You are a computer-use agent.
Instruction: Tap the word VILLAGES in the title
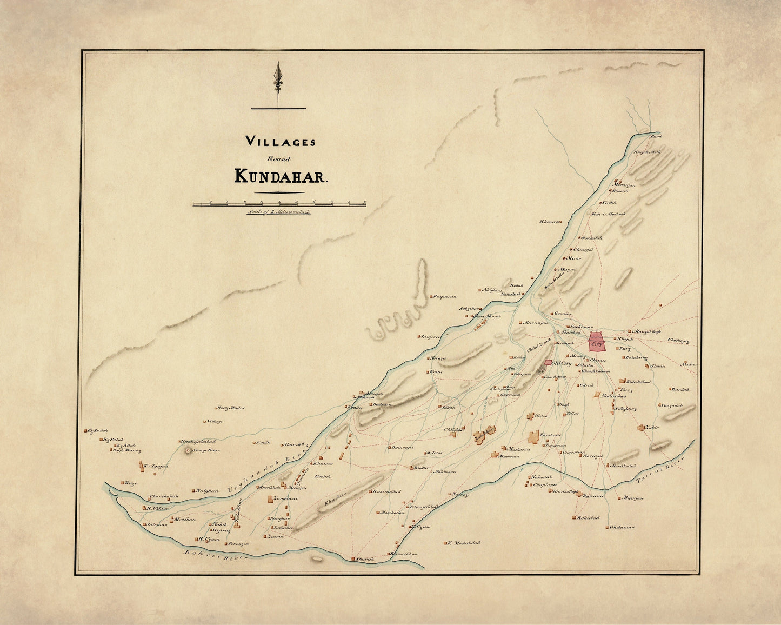(x=281, y=142)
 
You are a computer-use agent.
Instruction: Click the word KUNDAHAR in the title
(x=281, y=176)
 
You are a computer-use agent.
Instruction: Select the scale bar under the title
(x=279, y=204)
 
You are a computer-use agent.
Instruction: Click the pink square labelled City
(x=597, y=343)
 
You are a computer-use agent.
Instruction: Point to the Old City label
(x=562, y=363)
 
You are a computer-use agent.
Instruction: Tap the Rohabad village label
(x=589, y=518)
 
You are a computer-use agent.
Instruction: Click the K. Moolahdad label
(x=464, y=543)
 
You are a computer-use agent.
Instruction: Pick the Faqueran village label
(x=446, y=296)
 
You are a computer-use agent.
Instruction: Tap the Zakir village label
(x=652, y=428)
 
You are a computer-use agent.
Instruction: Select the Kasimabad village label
(x=386, y=491)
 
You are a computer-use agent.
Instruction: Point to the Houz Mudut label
(x=231, y=408)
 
